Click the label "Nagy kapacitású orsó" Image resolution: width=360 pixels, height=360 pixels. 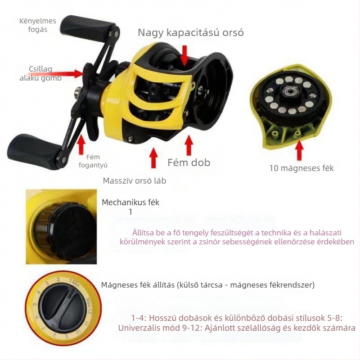(190, 32)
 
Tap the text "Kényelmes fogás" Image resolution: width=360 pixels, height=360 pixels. (38, 25)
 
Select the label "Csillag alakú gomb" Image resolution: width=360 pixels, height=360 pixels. (40, 73)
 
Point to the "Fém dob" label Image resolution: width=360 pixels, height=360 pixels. (189, 162)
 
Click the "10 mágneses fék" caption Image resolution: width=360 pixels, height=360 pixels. (301, 168)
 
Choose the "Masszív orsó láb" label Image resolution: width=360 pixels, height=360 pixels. (134, 181)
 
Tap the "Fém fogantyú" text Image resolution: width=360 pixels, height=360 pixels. (93, 161)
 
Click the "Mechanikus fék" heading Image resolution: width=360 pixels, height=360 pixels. (130, 202)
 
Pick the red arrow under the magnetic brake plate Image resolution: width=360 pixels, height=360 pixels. (299, 150)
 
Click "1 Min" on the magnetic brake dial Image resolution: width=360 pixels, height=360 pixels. (74, 283)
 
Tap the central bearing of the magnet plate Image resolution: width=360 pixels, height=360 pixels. (289, 91)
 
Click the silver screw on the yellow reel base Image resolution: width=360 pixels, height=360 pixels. (130, 138)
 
